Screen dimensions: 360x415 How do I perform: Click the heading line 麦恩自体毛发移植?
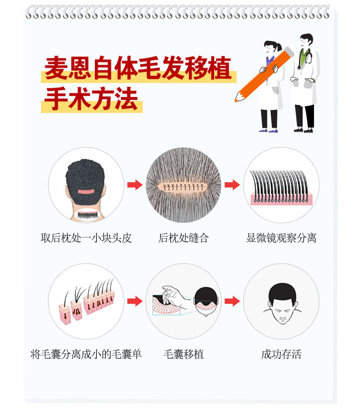pos(138,68)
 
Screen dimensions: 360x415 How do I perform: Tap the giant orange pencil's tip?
pos(236,100)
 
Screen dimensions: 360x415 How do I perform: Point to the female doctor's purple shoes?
pos(268,130)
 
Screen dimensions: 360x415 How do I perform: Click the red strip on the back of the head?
pos(86,191)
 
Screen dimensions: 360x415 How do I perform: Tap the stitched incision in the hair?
pos(184,187)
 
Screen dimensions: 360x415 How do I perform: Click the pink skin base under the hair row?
pos(282,199)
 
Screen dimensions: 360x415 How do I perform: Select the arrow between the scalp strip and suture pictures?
pos(135,185)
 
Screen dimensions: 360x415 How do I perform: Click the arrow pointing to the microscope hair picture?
pos(232,185)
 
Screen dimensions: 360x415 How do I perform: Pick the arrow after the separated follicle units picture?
pos(135,301)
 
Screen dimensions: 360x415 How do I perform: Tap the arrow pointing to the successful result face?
pos(232,301)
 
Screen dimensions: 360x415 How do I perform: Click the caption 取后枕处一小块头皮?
pos(86,238)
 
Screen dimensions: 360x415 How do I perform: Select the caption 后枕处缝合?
pos(184,238)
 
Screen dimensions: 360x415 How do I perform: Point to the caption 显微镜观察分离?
pos(282,238)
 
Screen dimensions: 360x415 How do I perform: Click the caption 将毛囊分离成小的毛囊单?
pos(86,354)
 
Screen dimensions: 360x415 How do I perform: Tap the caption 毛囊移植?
pos(184,354)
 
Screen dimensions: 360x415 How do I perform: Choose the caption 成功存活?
pos(282,354)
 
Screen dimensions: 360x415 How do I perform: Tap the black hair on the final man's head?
pos(282,292)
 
